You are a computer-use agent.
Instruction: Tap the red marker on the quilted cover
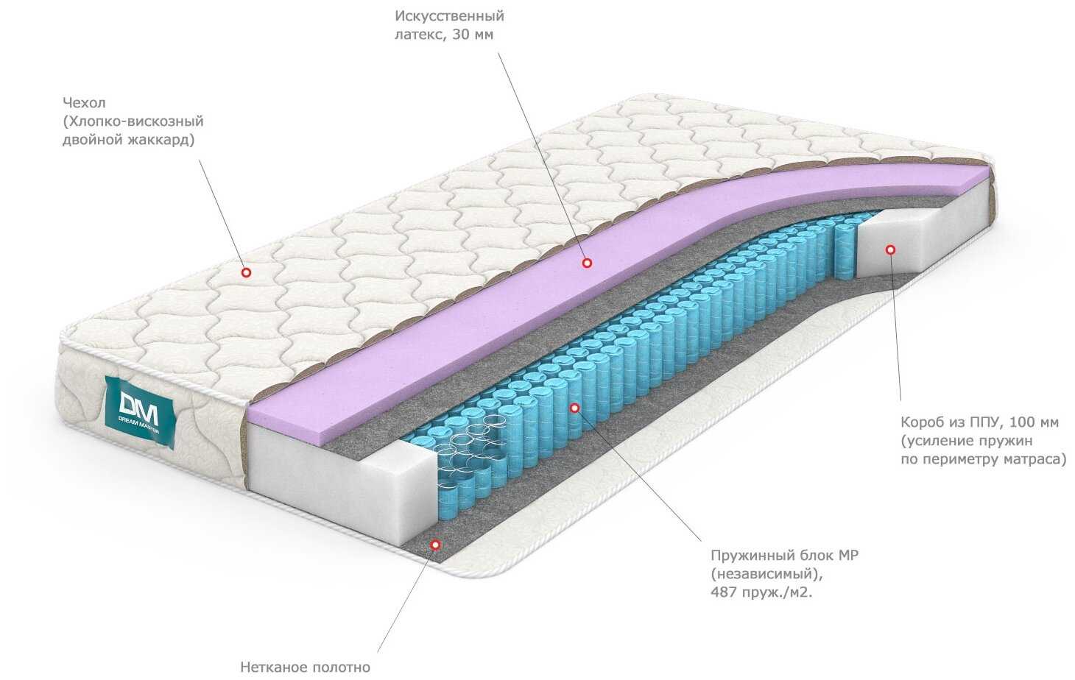click(247, 272)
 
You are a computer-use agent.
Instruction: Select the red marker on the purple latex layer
click(587, 262)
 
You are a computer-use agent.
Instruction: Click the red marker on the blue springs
click(574, 407)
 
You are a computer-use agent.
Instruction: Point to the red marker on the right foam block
click(890, 249)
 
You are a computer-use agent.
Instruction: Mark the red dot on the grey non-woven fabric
click(435, 545)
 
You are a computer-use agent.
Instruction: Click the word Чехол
click(84, 103)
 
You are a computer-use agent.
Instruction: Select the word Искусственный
click(449, 15)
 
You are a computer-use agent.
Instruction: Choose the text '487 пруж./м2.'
click(762, 592)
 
